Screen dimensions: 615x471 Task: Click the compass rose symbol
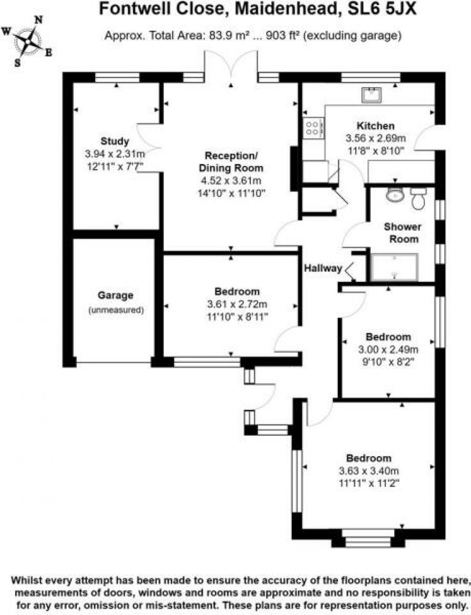tap(28, 41)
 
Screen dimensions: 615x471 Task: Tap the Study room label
tap(115, 141)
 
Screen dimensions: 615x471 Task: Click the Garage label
tap(115, 295)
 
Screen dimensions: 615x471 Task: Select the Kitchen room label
tap(376, 126)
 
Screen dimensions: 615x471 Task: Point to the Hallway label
tap(322, 269)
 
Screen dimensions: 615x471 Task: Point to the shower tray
tap(395, 267)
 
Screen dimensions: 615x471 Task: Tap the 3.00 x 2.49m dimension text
tap(388, 350)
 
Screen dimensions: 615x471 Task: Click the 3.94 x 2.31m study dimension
tap(115, 154)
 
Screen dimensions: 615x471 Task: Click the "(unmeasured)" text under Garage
tap(116, 310)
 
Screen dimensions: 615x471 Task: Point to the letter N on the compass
tap(39, 20)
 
